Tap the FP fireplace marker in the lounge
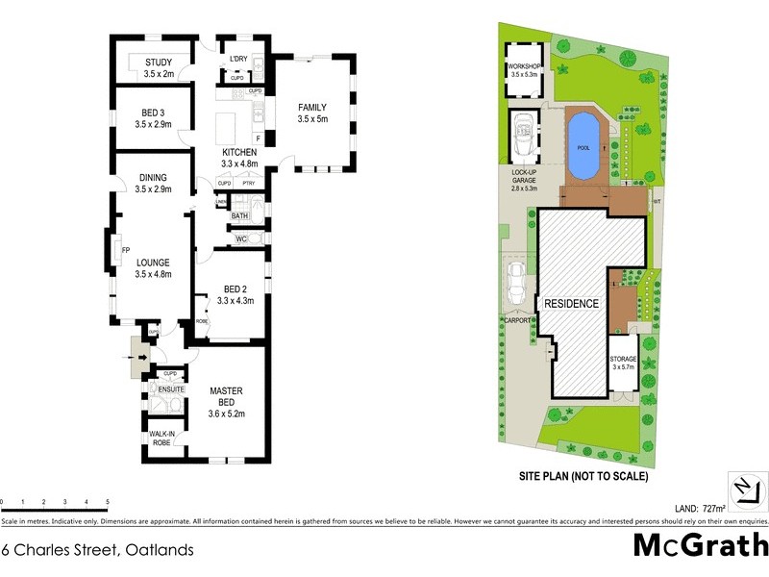(x=126, y=252)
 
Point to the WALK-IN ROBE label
(x=161, y=439)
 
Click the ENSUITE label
(x=171, y=389)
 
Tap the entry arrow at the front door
(x=143, y=359)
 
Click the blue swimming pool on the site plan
(x=583, y=147)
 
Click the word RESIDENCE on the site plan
(x=572, y=304)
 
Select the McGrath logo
(x=700, y=545)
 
